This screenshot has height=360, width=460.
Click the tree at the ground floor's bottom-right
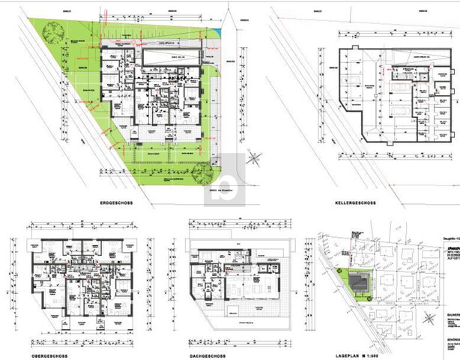[x=200, y=174]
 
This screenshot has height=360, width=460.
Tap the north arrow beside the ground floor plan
[x=255, y=158]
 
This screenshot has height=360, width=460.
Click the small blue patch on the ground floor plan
[x=217, y=32]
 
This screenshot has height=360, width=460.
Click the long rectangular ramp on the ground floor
[x=171, y=57]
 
